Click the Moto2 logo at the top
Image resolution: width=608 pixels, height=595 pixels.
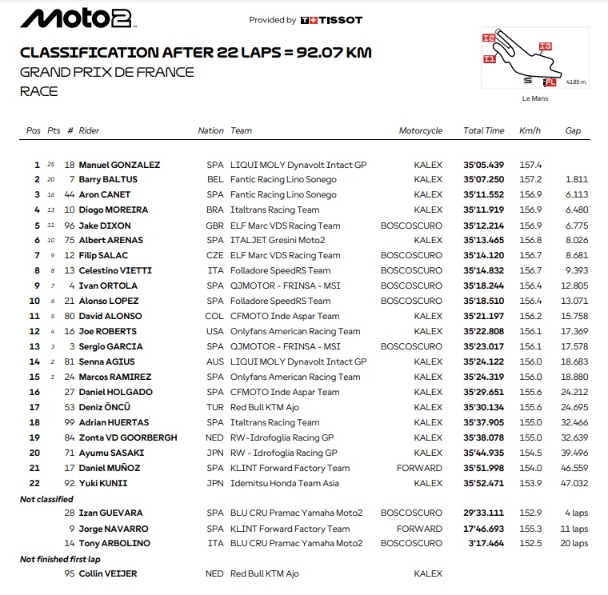pyautogui.click(x=77, y=19)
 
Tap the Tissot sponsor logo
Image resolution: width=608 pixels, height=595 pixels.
pyautogui.click(x=331, y=20)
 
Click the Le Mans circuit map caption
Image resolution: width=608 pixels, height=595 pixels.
pyautogui.click(x=535, y=98)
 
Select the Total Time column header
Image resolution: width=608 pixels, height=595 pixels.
pyautogui.click(x=483, y=130)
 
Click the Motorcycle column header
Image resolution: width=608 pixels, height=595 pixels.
pyautogui.click(x=420, y=130)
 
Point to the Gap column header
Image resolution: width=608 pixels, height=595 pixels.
pyautogui.click(x=573, y=130)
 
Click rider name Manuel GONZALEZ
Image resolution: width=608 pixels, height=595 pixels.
pyautogui.click(x=118, y=165)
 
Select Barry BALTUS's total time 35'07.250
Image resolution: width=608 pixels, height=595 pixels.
pyautogui.click(x=483, y=180)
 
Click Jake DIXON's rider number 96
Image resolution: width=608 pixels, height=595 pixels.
pyautogui.click(x=70, y=226)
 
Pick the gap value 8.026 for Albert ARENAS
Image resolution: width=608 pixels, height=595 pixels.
pyautogui.click(x=575, y=241)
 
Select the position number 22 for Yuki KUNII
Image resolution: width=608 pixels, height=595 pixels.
pyautogui.click(x=34, y=483)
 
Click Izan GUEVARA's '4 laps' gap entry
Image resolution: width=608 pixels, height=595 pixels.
pyautogui.click(x=575, y=513)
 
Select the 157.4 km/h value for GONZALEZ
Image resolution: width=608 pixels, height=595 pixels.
pyautogui.click(x=530, y=165)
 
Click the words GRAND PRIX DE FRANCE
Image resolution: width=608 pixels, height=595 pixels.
pyautogui.click(x=106, y=72)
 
